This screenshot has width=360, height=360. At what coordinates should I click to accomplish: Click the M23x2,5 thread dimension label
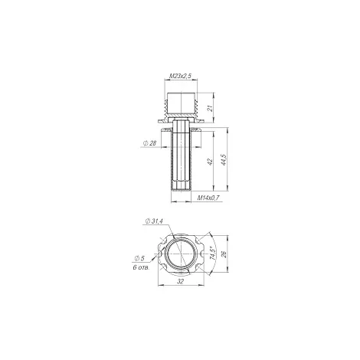click(x=181, y=76)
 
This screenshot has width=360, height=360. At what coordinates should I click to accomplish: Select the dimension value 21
click(x=210, y=108)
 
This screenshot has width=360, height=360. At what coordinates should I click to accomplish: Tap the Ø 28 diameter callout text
click(x=149, y=143)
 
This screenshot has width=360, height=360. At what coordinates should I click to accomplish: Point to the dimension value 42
click(x=210, y=162)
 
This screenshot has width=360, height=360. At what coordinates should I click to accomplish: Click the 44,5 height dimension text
click(x=224, y=160)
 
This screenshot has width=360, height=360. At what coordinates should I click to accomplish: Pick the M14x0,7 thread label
click(x=208, y=198)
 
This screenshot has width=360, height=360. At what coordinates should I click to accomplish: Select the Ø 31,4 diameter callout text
click(x=154, y=221)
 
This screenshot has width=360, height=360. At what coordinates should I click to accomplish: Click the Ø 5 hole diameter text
click(x=139, y=258)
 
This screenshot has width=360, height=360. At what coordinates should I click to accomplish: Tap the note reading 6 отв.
click(x=141, y=267)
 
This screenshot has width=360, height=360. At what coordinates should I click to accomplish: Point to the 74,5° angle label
click(x=212, y=253)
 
